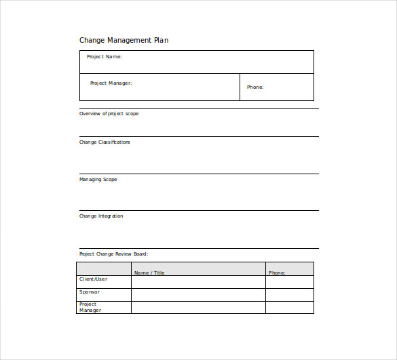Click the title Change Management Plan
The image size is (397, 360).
pos(124,40)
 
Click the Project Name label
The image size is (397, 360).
pos(104,57)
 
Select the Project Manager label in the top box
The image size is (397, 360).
pos(111,83)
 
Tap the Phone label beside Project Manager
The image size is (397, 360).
pos(254,87)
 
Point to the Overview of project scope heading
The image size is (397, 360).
pos(109,114)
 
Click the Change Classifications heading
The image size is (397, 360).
pos(105,142)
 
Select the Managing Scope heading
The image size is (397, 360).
pos(98,180)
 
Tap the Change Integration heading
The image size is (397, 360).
pos(101,216)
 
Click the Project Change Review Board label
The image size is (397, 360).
pos(113,254)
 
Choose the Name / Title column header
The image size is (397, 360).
pos(149,273)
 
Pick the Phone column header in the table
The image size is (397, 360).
pos(277,273)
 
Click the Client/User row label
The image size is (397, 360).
pos(93,279)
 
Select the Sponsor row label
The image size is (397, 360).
pos(90,292)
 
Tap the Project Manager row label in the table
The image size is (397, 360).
pos(90,307)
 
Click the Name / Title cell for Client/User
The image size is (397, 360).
pos(198,282)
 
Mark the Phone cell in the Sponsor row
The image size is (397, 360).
pos(290,295)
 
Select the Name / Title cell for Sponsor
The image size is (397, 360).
pos(198,295)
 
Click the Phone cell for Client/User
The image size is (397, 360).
pos(290,282)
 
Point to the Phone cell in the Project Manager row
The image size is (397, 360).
pos(290,308)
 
